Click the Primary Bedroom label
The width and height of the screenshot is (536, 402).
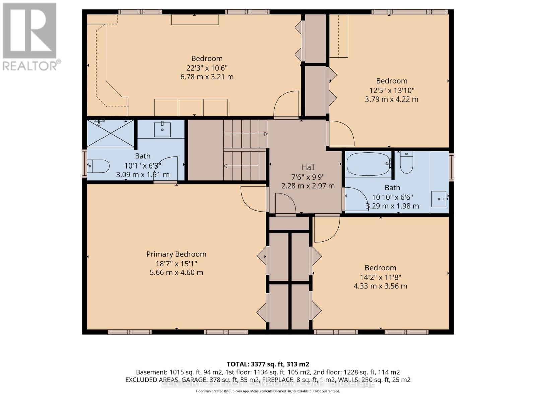pyautogui.click(x=176, y=254)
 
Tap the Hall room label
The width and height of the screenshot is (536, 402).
pyautogui.click(x=308, y=167)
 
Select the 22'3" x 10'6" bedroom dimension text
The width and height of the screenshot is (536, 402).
pyautogui.click(x=207, y=68)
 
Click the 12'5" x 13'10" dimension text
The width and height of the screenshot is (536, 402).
pyautogui.click(x=392, y=90)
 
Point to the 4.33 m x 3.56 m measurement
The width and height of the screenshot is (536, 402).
pyautogui.click(x=380, y=286)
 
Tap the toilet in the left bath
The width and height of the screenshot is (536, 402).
pyautogui.click(x=98, y=166)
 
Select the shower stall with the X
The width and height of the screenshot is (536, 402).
pyautogui.click(x=111, y=133)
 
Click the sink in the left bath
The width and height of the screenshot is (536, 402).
pyautogui.click(x=162, y=129)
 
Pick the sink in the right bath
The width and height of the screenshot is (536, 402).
pyautogui.click(x=439, y=199)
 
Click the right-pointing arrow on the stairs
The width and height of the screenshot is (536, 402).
pyautogui.click(x=265, y=134)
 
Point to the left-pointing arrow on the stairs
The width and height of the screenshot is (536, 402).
pyautogui.click(x=226, y=166)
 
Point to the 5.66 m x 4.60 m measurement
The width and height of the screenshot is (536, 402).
pyautogui.click(x=176, y=272)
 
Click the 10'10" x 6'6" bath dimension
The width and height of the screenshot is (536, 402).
pyautogui.click(x=392, y=197)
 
